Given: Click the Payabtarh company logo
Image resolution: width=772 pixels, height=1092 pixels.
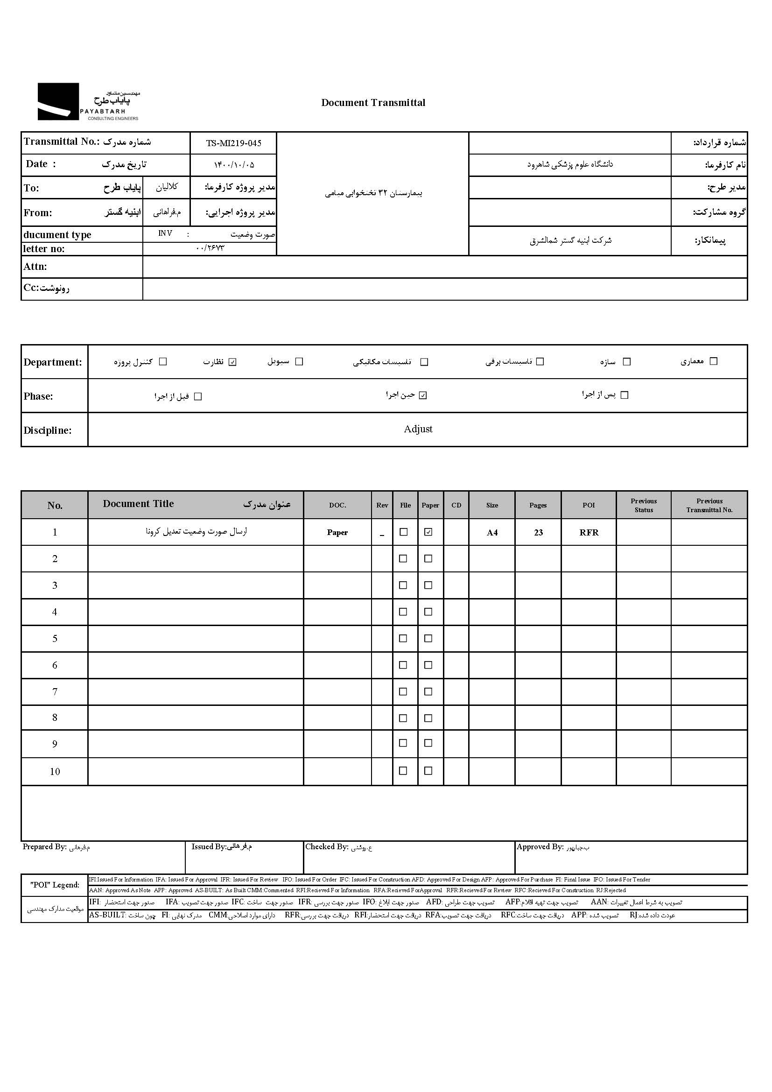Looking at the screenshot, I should click(88, 102).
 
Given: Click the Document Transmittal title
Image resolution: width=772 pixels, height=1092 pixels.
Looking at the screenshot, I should click(373, 103).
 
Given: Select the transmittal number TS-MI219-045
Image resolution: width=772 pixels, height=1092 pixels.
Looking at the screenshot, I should click(233, 143).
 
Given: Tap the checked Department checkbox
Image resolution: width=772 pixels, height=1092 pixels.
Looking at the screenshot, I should click(232, 362).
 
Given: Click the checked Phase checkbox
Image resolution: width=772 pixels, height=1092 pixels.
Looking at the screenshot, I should click(423, 395).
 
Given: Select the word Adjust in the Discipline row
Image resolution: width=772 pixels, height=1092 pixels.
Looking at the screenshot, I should click(418, 429).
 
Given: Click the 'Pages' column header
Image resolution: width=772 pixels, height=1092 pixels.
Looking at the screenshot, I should click(538, 505).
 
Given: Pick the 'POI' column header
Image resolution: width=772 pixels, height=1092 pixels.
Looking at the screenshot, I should click(589, 505).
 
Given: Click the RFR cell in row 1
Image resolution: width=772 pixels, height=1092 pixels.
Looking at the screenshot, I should click(589, 532).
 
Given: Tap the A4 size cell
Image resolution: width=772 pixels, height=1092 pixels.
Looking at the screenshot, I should click(492, 532).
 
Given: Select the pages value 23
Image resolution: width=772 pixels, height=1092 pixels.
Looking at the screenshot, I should click(538, 532).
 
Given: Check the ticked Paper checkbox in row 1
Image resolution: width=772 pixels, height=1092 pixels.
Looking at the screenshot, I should click(428, 532).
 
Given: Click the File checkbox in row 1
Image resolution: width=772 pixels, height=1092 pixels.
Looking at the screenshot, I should click(404, 532).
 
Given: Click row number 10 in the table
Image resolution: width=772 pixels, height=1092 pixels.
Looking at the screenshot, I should click(55, 771).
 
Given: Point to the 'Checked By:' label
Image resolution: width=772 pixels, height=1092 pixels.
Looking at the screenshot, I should click(327, 846).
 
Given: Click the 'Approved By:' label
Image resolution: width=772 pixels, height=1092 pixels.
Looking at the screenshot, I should click(540, 846).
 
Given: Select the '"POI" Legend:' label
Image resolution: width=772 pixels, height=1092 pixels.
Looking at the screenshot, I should click(55, 885).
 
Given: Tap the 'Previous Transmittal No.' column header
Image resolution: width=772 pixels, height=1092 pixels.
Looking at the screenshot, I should click(709, 505).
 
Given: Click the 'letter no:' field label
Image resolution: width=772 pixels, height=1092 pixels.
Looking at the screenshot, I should click(44, 249).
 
